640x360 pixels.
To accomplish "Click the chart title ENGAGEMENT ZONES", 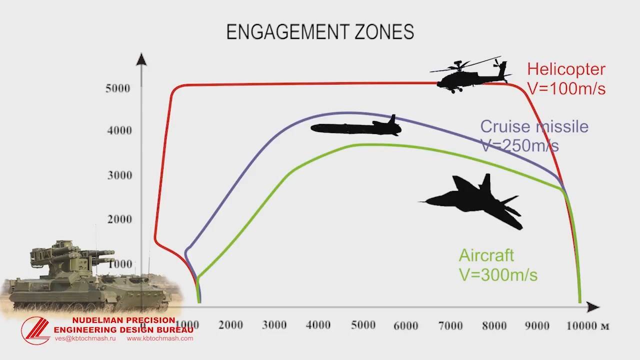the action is coord(320,31).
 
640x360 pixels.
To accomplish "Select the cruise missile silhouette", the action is coord(356,127).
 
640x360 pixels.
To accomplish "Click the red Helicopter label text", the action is coord(566,69).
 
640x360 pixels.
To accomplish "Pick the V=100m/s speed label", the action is coord(566,88).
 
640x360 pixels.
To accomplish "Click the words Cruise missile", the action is coord(534,126).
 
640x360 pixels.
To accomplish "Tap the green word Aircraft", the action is coord(486,255).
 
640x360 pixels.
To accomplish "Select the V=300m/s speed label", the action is coord(498,275).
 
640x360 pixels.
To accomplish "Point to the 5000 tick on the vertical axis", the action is coord(117,88).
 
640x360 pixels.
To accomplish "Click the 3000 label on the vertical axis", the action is coord(119,175).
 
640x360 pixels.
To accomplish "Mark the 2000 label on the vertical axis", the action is coord(119,219).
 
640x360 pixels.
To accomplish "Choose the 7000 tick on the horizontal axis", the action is coord(450,325).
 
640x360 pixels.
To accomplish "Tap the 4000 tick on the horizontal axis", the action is coord(318,325).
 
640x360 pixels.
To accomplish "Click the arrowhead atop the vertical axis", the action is coord(141,59).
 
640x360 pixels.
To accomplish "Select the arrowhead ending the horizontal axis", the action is coord(593,307).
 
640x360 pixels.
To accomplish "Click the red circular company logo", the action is coord(35,330).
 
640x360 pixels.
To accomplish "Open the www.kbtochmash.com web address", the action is coord(160,338).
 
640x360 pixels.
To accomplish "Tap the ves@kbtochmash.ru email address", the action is coord(85,338).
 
